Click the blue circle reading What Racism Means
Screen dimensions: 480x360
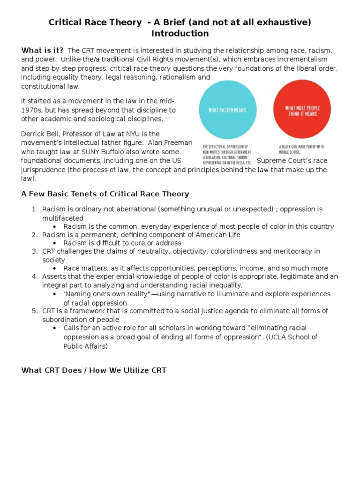[x=228, y=110]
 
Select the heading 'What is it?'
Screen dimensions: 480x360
[x=43, y=51]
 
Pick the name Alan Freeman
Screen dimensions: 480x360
[x=164, y=143]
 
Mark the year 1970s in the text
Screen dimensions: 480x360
[x=32, y=110]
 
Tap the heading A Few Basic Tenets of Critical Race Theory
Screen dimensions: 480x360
[x=105, y=194]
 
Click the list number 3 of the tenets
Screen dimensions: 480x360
[x=35, y=251]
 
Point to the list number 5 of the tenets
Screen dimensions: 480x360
[x=35, y=311]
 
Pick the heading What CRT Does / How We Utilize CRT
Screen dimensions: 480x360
[x=94, y=371]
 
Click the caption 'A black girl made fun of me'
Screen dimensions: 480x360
[x=301, y=147]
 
